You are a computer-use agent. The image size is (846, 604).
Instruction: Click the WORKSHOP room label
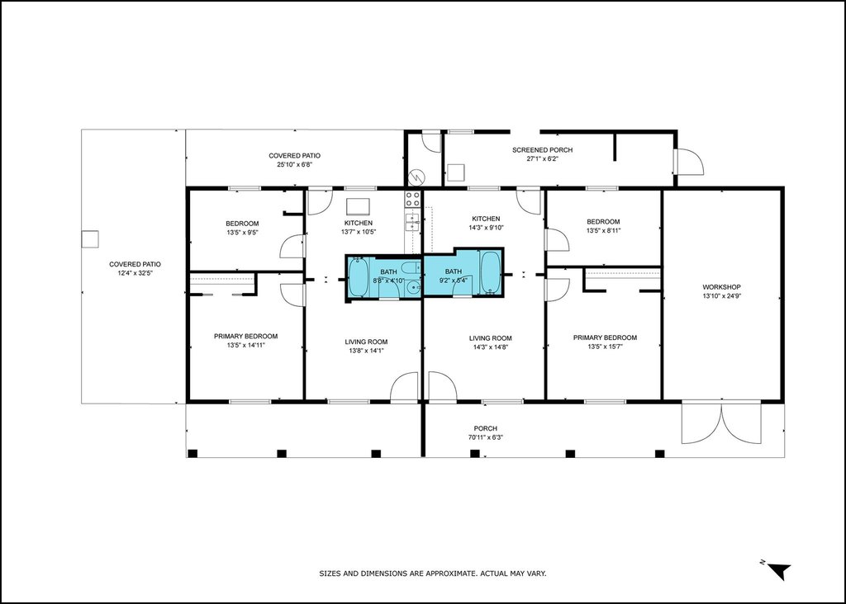click(x=721, y=287)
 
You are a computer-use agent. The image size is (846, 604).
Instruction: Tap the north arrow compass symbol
click(x=778, y=570)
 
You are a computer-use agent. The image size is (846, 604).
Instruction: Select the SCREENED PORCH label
click(x=542, y=150)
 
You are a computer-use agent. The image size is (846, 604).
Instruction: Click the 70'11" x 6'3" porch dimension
click(x=485, y=437)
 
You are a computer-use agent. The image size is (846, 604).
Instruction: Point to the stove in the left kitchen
click(x=413, y=199)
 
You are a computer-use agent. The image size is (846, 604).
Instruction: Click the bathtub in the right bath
click(x=491, y=272)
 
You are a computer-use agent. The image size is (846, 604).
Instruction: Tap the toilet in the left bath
click(x=411, y=267)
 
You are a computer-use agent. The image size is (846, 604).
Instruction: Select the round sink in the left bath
click(x=414, y=287)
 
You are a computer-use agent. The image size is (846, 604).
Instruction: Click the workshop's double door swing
click(x=721, y=423)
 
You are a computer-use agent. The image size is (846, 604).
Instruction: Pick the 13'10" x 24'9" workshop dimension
click(x=721, y=295)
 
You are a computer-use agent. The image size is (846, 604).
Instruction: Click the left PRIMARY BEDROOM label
click(x=245, y=336)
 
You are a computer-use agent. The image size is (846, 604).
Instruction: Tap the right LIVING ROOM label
click(x=491, y=338)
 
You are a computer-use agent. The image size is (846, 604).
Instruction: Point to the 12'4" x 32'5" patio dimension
click(x=135, y=273)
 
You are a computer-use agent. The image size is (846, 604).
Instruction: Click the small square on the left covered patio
click(x=89, y=239)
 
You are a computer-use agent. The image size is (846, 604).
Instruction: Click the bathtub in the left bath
click(x=358, y=276)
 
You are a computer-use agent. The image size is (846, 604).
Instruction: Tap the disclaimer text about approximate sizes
click(x=433, y=573)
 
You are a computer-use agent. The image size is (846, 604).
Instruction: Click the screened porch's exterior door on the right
click(x=689, y=162)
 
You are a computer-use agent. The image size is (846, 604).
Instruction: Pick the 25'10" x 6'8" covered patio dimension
click(x=295, y=164)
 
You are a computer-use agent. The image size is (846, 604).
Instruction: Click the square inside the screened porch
click(x=456, y=173)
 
